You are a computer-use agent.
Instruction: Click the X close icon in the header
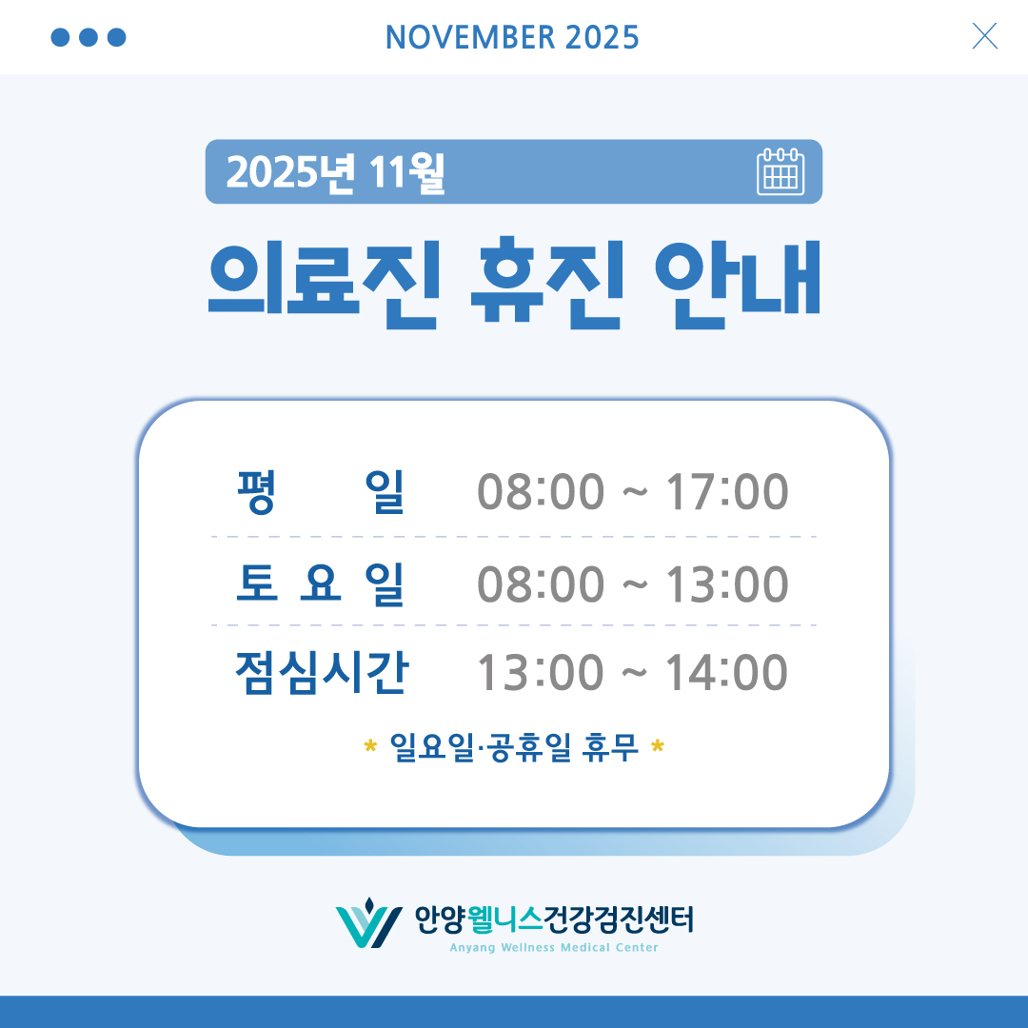click(x=985, y=36)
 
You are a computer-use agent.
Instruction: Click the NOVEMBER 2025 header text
click(x=512, y=37)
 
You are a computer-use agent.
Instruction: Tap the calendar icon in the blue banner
click(x=781, y=172)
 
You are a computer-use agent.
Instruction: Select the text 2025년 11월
click(x=336, y=172)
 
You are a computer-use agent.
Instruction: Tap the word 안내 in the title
click(x=738, y=282)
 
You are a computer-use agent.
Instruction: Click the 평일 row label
click(x=321, y=492)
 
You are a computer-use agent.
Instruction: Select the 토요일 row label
click(x=321, y=583)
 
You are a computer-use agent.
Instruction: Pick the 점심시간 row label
click(x=321, y=672)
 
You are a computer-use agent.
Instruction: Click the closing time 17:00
click(x=726, y=492)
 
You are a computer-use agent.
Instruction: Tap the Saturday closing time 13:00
click(x=726, y=583)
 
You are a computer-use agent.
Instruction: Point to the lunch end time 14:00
click(x=726, y=673)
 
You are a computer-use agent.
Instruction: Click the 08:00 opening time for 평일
click(x=541, y=492)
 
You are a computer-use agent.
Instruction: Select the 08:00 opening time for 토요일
click(x=541, y=583)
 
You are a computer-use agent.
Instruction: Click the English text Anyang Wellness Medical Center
click(x=554, y=948)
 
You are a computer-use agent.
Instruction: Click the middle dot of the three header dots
click(x=89, y=37)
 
